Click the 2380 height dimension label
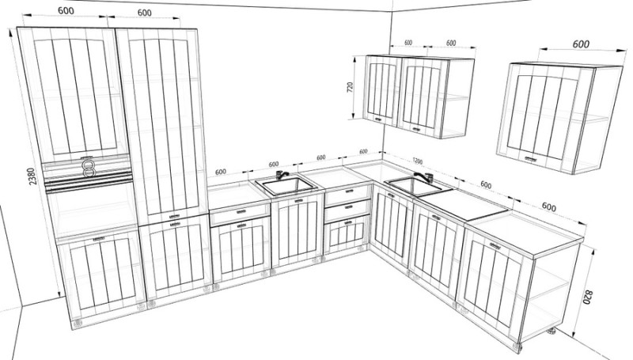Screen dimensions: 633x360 click(x=32, y=176)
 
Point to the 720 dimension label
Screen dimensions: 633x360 click(x=350, y=88)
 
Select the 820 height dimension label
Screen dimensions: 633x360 click(x=587, y=297)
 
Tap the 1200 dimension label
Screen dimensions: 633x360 click(x=418, y=161)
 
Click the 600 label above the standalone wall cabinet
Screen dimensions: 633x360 click(x=581, y=44)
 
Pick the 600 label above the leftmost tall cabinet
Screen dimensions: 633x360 click(x=66, y=10)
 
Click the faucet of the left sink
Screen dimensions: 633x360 click(x=282, y=175)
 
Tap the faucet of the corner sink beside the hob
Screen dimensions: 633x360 click(x=425, y=177)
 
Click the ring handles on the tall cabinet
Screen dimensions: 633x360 click(x=89, y=169)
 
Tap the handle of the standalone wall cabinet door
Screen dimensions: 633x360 click(x=531, y=158)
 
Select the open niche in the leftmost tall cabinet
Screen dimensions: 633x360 click(x=92, y=210)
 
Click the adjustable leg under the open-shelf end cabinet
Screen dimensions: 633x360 click(x=551, y=332)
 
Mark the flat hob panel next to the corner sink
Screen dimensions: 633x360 click(x=463, y=205)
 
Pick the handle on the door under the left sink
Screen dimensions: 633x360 click(x=299, y=201)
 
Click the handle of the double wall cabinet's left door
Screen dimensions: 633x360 click(x=378, y=119)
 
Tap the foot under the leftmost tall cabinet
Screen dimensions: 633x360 click(x=77, y=323)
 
